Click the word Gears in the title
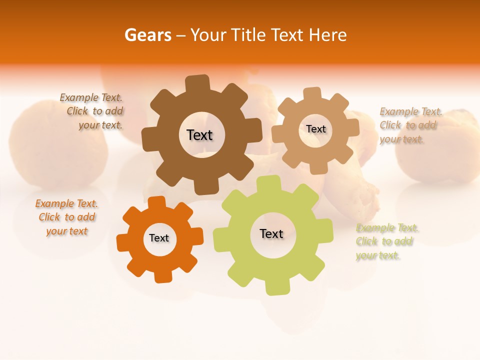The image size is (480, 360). tap(148, 35)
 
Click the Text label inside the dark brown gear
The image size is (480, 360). tap(199, 135)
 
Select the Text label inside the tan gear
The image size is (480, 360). tap(315, 129)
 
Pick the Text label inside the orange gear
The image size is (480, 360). tap(159, 238)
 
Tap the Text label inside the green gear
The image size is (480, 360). tap(271, 233)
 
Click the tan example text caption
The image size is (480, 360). tap(410, 125)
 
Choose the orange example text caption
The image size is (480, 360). tap(67, 217)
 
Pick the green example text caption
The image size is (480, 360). tap(386, 241)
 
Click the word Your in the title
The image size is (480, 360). tap(208, 35)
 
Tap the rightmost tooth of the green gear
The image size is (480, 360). tap(326, 232)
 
